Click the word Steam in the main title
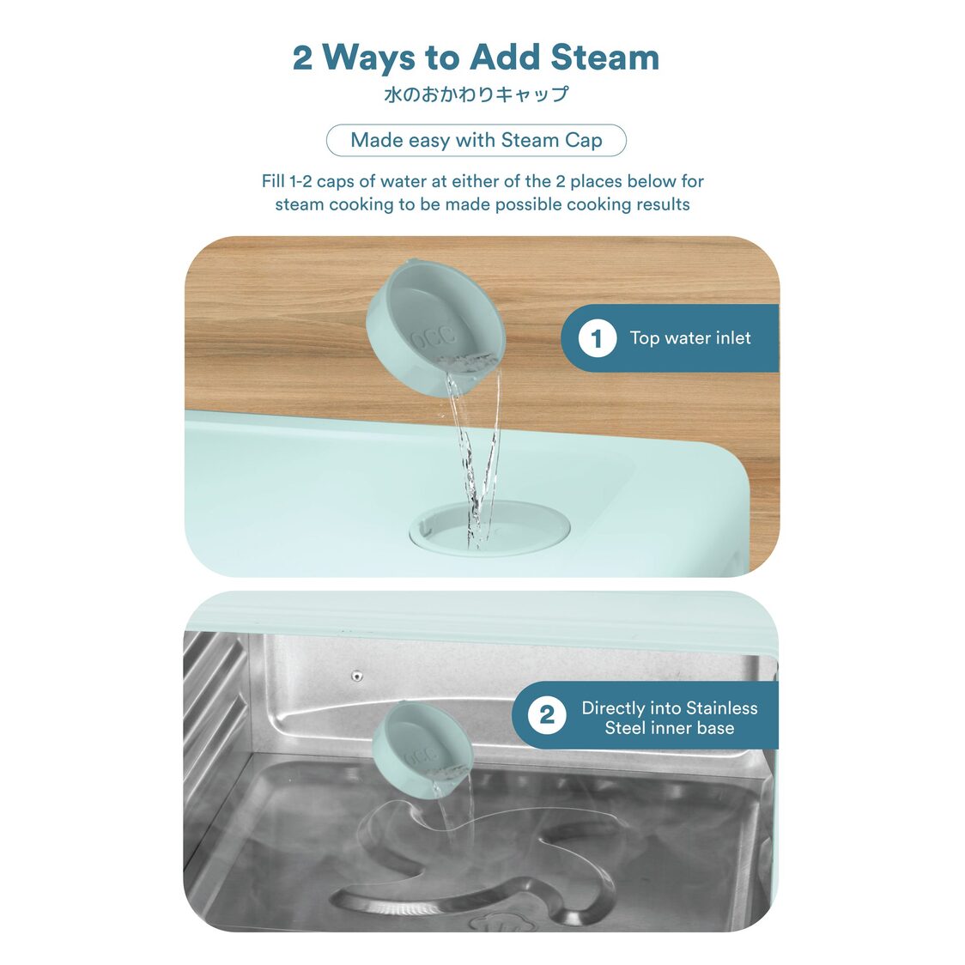[604, 58]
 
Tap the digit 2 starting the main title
[302, 58]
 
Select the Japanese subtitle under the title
[476, 94]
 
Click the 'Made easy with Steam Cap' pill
[476, 140]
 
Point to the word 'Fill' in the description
[273, 181]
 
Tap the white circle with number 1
[597, 338]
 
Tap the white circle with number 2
[547, 715]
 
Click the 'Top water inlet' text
[690, 338]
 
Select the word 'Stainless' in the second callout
[721, 707]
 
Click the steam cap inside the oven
[422, 750]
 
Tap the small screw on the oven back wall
[356, 677]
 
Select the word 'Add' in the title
[506, 58]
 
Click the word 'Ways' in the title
[368, 58]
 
